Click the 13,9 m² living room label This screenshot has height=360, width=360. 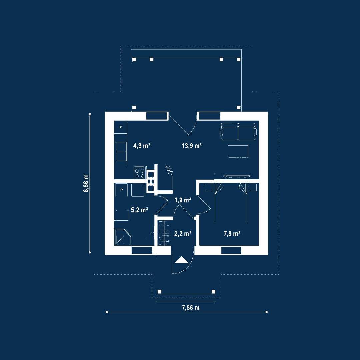(x=192, y=146)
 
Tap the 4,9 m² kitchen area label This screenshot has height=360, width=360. (x=142, y=146)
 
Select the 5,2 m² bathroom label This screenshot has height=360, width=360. (x=139, y=210)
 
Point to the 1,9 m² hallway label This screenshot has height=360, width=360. (x=183, y=200)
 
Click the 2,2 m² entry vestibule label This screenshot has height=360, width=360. (x=183, y=234)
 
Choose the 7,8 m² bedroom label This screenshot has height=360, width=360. (x=232, y=234)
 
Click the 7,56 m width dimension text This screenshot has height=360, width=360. (x=191, y=308)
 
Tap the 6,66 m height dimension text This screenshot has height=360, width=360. (x=86, y=183)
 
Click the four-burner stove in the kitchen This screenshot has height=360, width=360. (x=140, y=173)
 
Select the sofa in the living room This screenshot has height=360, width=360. (x=238, y=131)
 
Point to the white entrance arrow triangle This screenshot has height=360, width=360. (x=182, y=260)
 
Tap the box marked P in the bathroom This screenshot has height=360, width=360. (x=121, y=190)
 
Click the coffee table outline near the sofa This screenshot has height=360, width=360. (x=238, y=151)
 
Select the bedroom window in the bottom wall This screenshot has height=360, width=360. (x=231, y=250)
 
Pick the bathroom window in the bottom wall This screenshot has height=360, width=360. (x=142, y=250)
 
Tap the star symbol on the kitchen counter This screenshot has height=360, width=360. (x=121, y=127)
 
